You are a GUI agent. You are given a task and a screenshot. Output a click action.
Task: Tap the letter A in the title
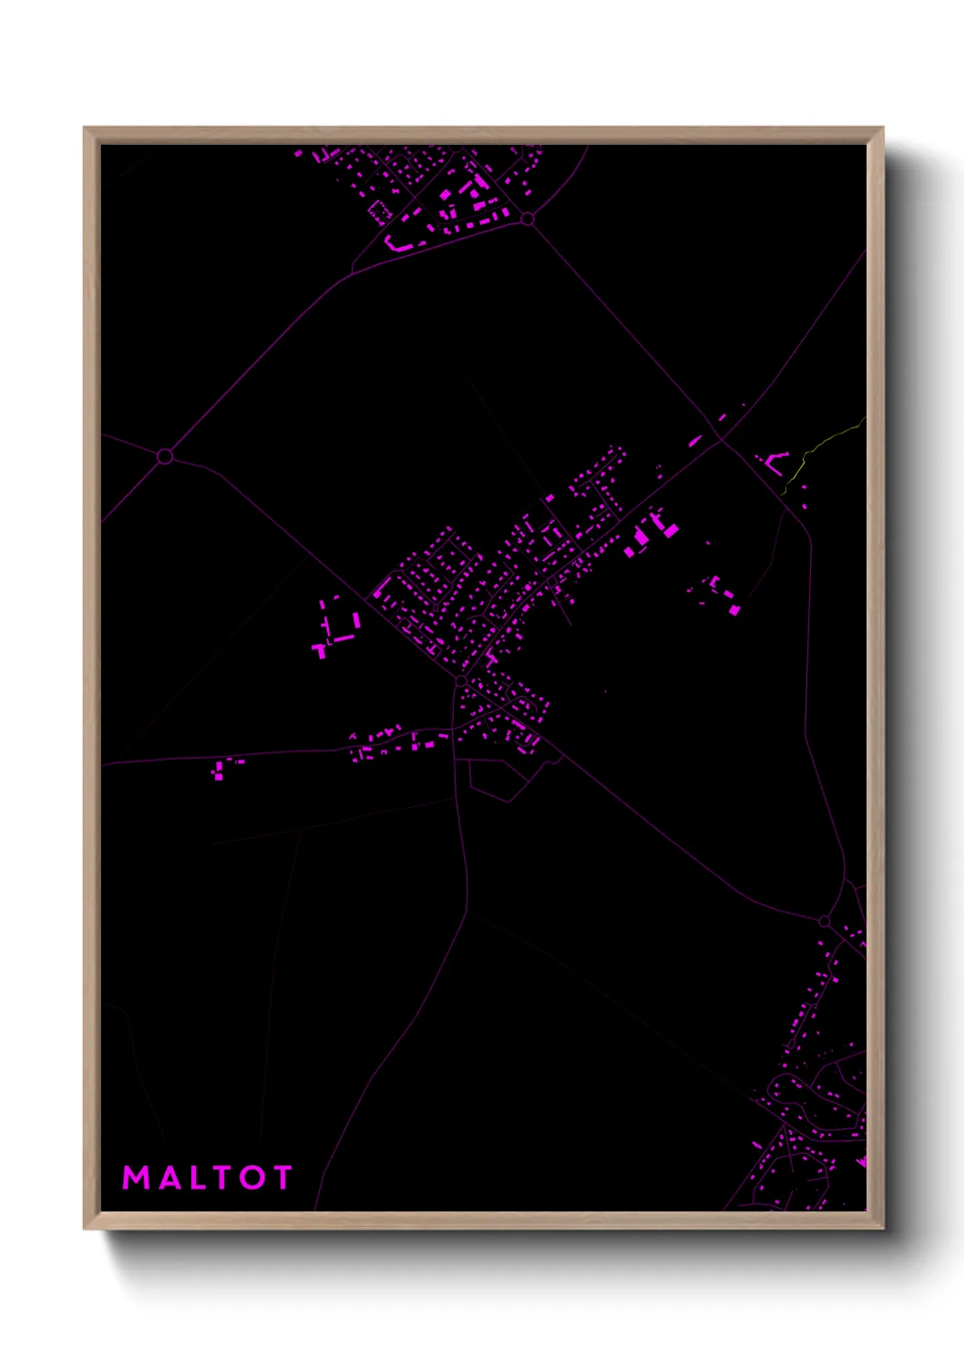pos(170,1178)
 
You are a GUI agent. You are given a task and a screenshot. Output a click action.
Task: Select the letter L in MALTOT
pos(200,1178)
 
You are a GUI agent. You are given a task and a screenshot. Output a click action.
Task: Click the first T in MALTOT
pos(224,1178)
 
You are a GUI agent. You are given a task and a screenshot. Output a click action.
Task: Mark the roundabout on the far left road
pos(165,455)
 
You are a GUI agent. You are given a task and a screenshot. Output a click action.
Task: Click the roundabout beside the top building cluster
pos(527,219)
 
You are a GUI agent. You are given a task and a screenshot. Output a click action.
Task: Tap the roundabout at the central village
pos(461,680)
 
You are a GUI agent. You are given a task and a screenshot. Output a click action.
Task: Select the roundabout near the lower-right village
pos(825,922)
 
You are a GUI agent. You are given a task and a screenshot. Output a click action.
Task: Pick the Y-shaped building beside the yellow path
pos(773,461)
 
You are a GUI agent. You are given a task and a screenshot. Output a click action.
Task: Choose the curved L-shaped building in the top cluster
pos(399,245)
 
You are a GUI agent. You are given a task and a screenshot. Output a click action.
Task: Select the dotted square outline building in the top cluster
pos(378,213)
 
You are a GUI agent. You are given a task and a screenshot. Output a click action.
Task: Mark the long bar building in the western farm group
pos(344,638)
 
